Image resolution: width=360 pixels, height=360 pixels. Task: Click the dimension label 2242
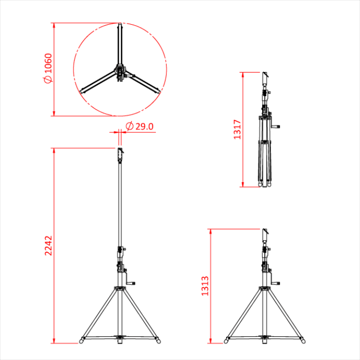tap(48, 245)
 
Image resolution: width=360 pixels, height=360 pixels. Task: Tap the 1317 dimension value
tap(237, 129)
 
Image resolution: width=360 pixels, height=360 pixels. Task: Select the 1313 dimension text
tap(205, 286)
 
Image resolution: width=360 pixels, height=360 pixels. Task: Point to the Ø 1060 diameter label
tap(48, 68)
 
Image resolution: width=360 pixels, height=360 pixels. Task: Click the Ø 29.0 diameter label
tap(139, 127)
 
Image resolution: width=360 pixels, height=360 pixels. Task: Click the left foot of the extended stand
tap(81, 340)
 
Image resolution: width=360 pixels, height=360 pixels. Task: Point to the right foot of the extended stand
tap(158, 340)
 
